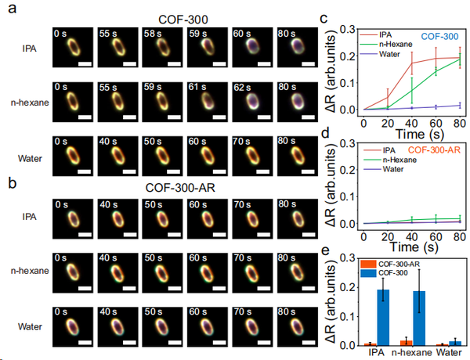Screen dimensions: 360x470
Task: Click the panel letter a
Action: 9,9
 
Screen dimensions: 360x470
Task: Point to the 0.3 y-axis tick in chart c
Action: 351,25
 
